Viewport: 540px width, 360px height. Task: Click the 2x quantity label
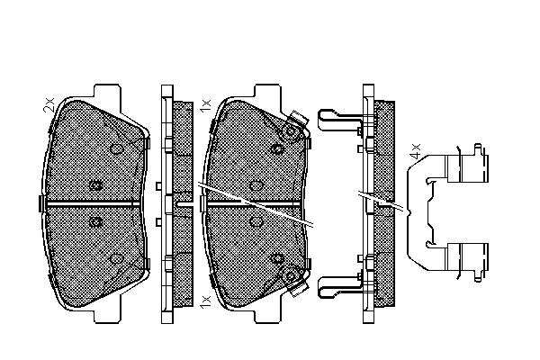point(49,104)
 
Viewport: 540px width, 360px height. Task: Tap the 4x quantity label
point(416,151)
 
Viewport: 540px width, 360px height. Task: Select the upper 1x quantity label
point(205,105)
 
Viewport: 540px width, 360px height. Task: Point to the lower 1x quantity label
point(205,301)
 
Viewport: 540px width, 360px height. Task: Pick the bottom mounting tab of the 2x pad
point(107,315)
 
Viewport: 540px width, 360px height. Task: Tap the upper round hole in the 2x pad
point(116,148)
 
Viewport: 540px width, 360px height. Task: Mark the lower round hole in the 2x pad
point(116,258)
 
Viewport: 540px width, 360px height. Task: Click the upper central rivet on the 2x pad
point(95,185)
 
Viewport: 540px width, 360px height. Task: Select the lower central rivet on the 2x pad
point(95,221)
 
